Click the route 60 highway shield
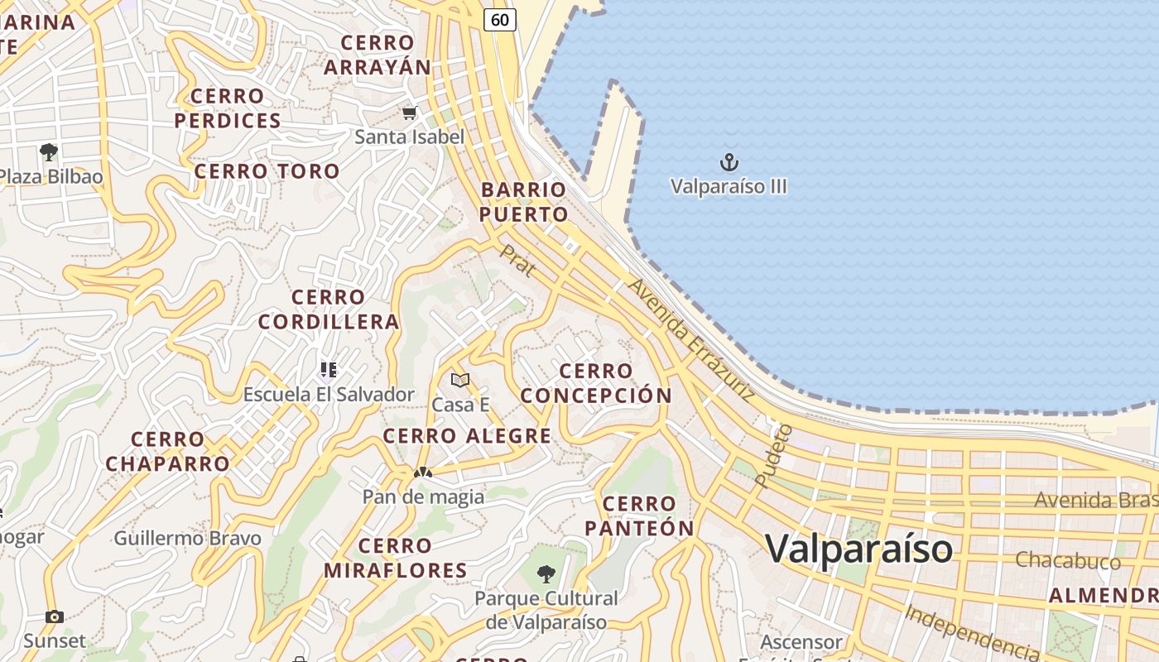(x=500, y=19)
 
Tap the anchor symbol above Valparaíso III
(x=729, y=161)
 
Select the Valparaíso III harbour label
(x=729, y=186)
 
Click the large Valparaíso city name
(x=858, y=549)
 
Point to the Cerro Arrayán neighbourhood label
(x=378, y=55)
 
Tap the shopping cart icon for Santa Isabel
(x=409, y=113)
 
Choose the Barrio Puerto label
(x=524, y=202)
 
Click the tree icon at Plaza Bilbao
(x=48, y=152)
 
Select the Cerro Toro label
(x=267, y=171)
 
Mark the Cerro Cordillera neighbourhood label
(x=329, y=309)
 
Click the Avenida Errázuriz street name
(x=690, y=339)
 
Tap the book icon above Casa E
(x=460, y=380)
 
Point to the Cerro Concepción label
(x=596, y=383)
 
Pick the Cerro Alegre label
(x=467, y=436)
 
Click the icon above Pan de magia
(x=423, y=473)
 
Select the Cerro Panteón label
(x=639, y=516)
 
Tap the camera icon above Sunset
(x=55, y=616)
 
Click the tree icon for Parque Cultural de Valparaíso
(x=546, y=573)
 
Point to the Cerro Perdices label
(x=228, y=108)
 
